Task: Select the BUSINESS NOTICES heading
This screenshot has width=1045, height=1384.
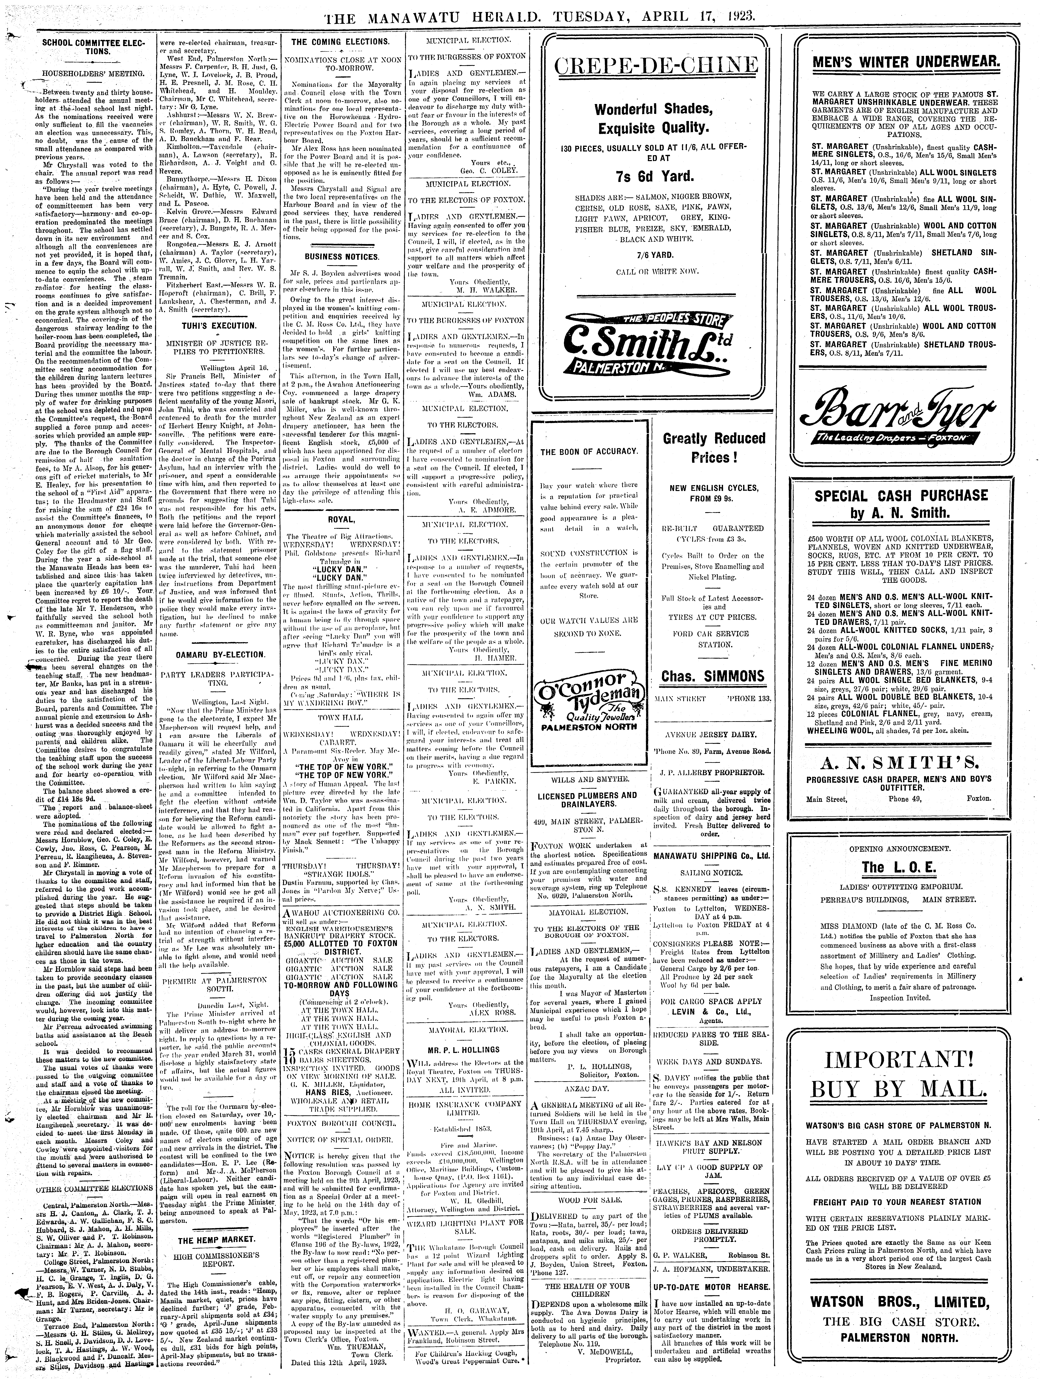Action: click(342, 256)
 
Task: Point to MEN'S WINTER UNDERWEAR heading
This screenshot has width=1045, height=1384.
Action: click(905, 62)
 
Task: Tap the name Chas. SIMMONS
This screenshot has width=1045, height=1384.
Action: click(712, 676)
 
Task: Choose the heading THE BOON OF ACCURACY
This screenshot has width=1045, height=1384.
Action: click(589, 451)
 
